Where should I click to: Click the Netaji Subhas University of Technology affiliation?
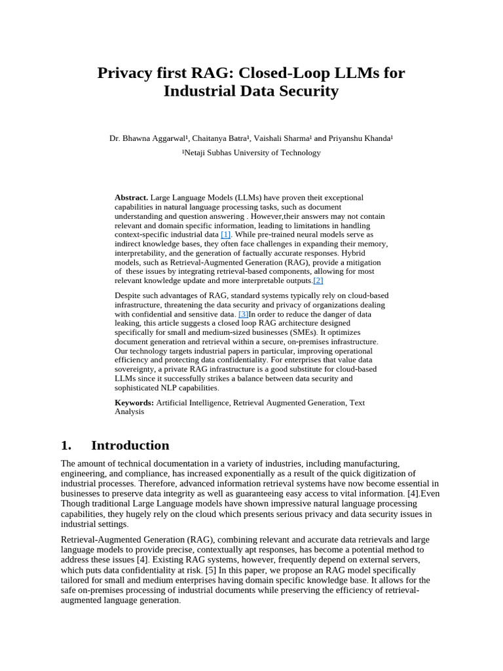251,153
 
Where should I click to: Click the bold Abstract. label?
132,197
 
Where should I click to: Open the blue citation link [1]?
226,234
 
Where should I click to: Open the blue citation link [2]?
318,280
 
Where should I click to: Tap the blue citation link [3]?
243,314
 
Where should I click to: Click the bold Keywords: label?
134,402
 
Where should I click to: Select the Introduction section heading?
130,446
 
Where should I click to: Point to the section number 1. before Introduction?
65,446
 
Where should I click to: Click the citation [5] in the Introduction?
211,570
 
